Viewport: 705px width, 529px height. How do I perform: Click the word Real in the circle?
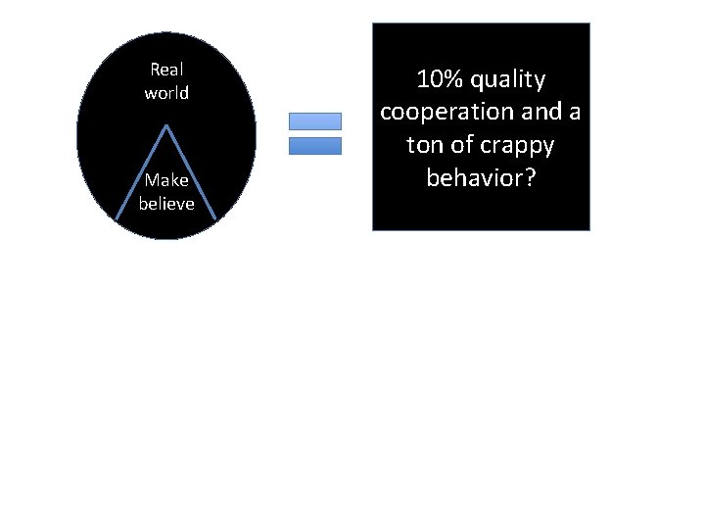point(166,70)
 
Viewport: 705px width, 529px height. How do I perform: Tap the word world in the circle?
point(166,94)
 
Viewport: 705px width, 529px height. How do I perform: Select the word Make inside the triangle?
point(166,180)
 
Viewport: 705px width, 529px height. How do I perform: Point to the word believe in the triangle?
point(166,204)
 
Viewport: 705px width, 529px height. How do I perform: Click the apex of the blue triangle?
point(167,125)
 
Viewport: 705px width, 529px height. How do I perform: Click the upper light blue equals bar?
point(315,121)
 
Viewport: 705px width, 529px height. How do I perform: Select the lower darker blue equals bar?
point(315,146)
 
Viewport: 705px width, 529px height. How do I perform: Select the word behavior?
point(474,178)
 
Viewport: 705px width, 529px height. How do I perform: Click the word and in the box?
point(543,112)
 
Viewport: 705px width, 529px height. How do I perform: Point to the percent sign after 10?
point(453,78)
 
